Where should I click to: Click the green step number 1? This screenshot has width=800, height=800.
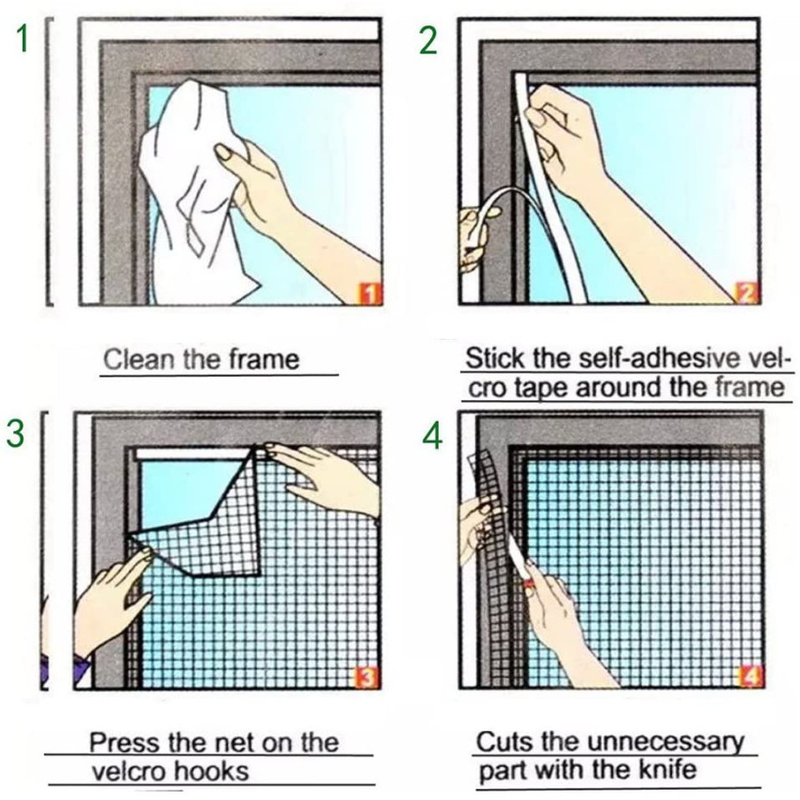point(23,39)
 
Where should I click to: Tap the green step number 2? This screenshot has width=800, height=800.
point(428,40)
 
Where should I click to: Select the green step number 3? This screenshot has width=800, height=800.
point(15,433)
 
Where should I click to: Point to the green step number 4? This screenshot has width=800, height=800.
point(433,437)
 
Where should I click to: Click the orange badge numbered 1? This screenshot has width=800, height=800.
point(370,295)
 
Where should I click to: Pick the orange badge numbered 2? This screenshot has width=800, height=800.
point(747,293)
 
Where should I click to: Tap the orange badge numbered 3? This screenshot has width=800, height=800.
point(367,678)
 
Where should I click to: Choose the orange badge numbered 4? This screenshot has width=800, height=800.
point(751,677)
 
